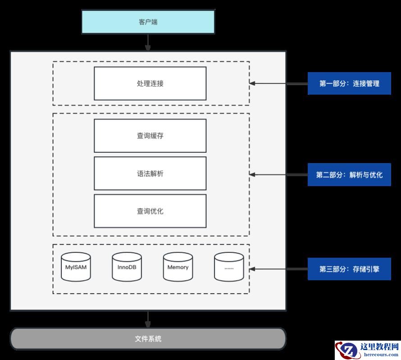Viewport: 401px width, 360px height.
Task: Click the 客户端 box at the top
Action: (x=148, y=22)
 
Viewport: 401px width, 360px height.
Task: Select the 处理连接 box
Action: (x=150, y=83)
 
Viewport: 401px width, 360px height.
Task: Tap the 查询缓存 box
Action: (x=150, y=136)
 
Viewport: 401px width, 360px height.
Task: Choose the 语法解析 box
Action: (x=150, y=173)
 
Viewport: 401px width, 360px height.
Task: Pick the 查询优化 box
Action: (x=150, y=211)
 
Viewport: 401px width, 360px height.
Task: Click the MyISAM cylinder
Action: (x=76, y=267)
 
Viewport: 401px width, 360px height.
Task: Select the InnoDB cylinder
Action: (x=127, y=267)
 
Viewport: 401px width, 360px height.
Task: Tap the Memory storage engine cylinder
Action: (x=178, y=267)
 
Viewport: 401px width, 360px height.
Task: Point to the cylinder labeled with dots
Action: (x=229, y=267)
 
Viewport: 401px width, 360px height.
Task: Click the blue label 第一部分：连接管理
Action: (x=349, y=83)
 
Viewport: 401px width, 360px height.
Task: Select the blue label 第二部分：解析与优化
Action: (x=349, y=174)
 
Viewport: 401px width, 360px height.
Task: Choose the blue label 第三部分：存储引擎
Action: (x=349, y=269)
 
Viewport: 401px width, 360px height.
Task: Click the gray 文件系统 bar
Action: (x=148, y=339)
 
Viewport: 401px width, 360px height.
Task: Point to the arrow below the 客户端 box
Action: (x=148, y=42)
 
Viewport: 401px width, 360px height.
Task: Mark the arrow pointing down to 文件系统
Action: (x=148, y=319)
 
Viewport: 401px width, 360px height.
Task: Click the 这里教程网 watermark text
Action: (x=380, y=347)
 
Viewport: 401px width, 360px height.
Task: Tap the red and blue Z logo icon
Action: (x=346, y=350)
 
